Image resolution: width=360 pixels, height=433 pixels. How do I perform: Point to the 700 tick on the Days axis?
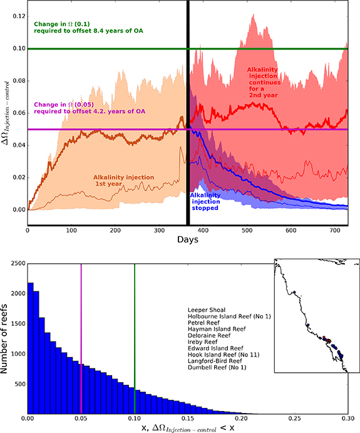click(x=332, y=231)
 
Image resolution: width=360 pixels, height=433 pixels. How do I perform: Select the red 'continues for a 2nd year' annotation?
click(x=272, y=80)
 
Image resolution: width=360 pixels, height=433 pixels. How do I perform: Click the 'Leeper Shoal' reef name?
click(x=207, y=310)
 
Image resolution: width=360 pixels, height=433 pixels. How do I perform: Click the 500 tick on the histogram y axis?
click(x=18, y=383)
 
